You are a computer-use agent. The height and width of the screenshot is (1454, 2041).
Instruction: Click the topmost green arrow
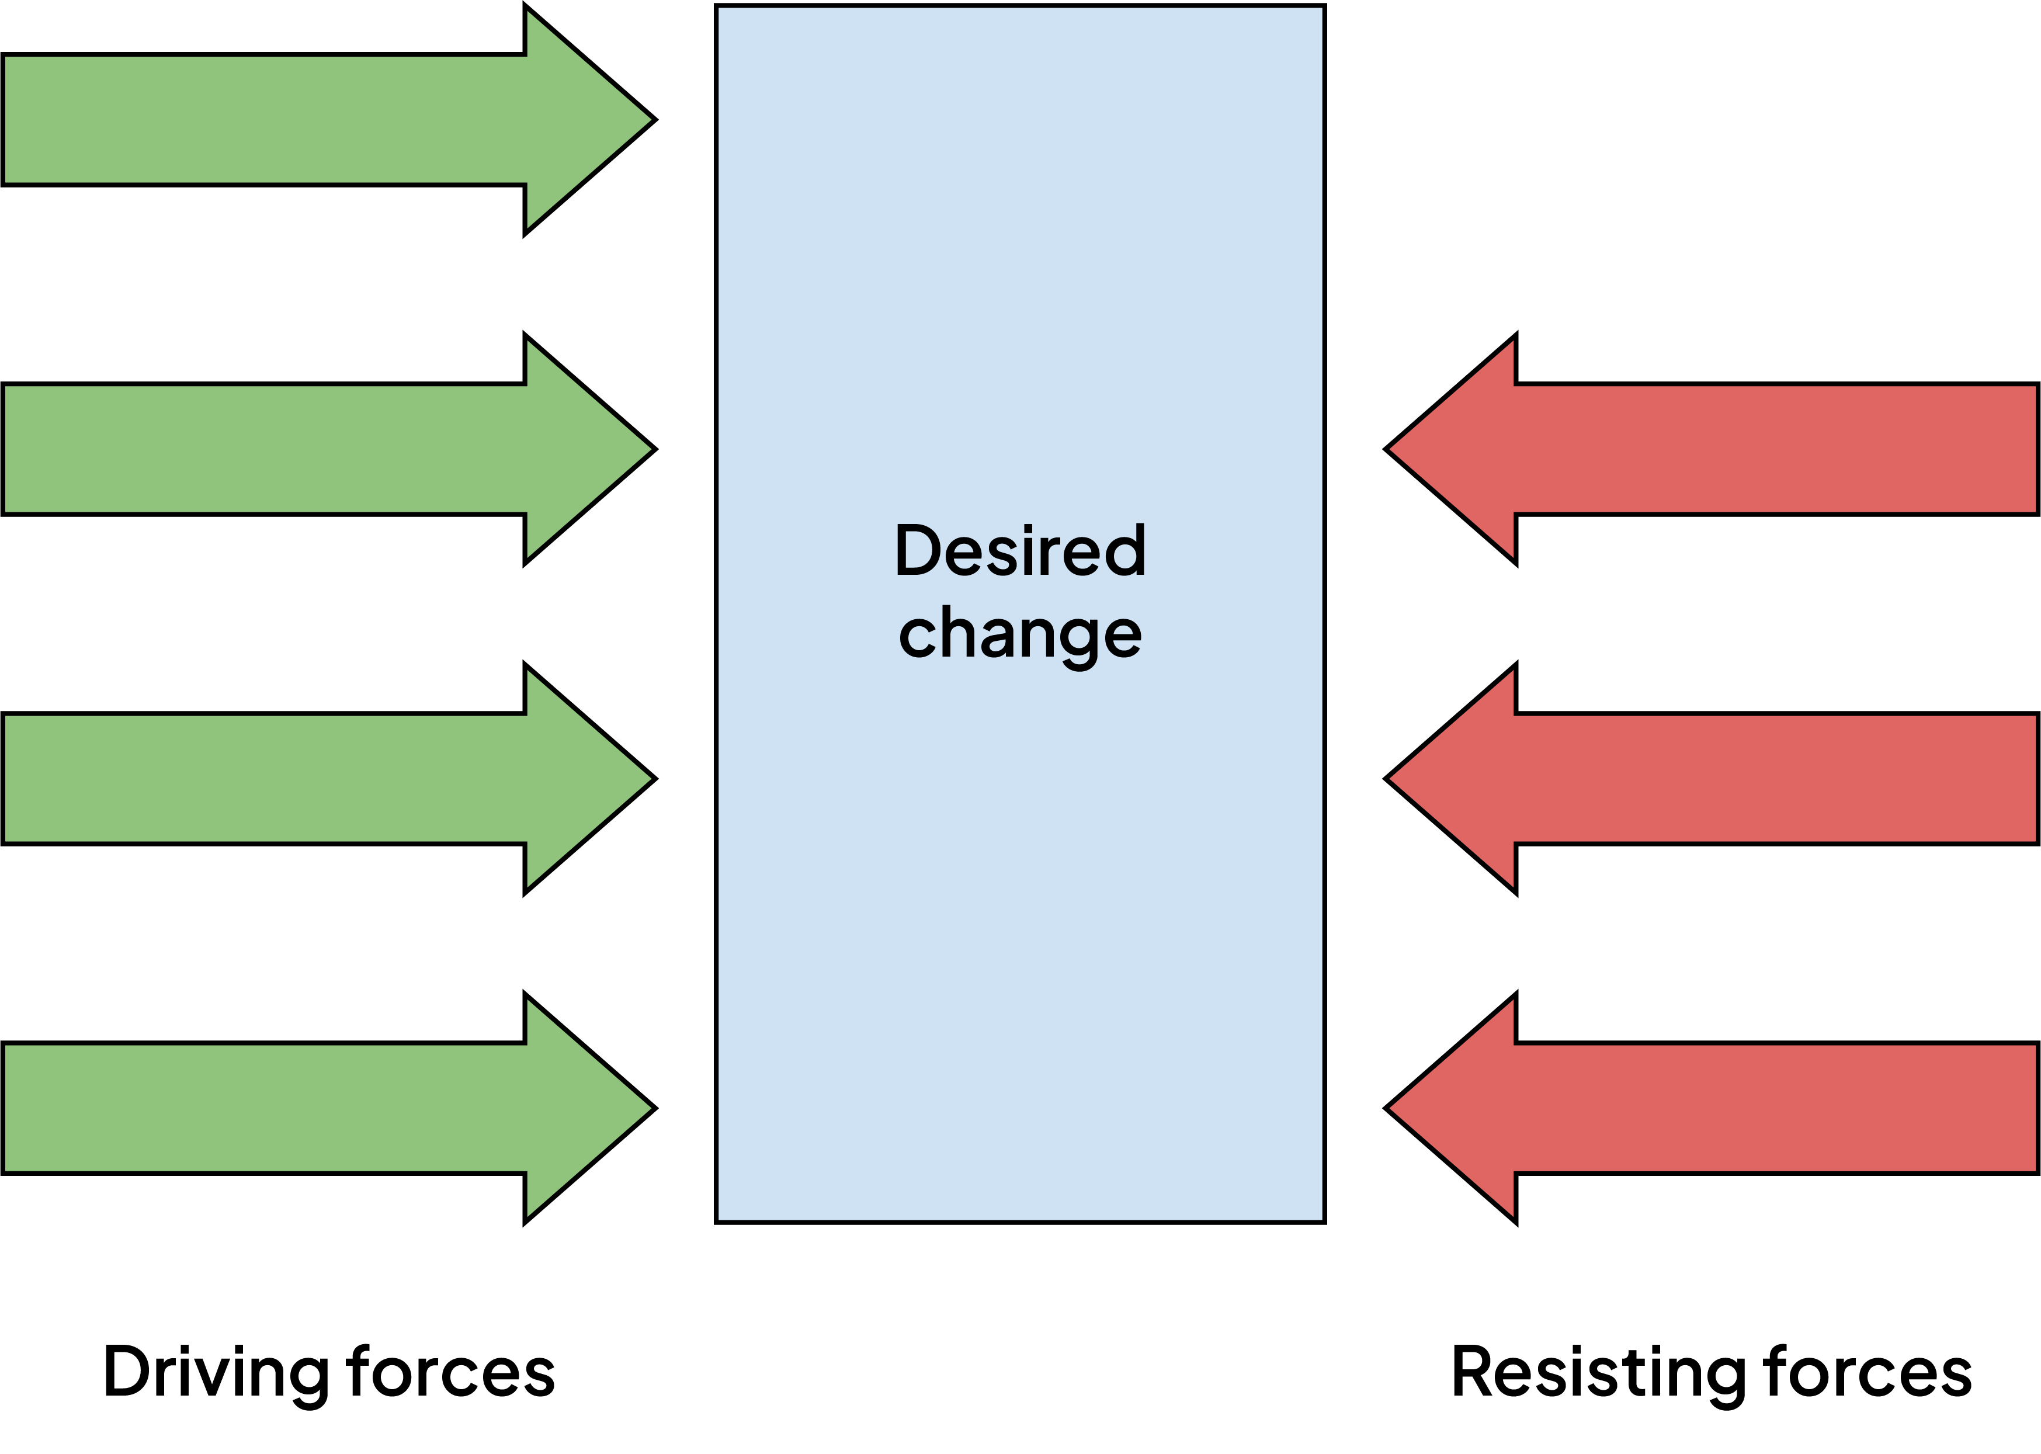296,120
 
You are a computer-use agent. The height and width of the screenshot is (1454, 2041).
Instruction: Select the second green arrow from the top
296,449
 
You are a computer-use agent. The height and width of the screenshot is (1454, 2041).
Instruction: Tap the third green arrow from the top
296,779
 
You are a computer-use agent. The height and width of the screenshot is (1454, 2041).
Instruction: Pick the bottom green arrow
296,1108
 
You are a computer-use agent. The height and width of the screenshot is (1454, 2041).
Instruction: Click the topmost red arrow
1745,449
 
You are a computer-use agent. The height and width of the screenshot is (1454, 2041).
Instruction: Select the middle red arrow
1745,779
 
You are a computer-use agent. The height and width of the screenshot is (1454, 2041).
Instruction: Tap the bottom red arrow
1745,1108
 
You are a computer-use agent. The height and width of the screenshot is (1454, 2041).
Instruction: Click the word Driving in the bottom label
216,1373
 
